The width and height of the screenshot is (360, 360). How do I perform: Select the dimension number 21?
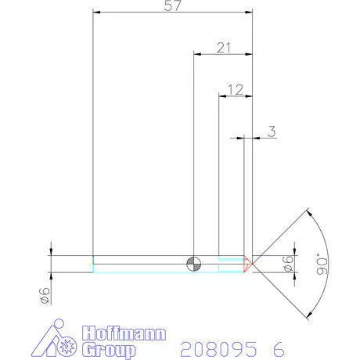click(224, 48)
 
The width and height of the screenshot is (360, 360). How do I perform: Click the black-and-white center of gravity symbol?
click(193, 263)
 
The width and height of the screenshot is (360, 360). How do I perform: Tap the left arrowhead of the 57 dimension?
click(96, 13)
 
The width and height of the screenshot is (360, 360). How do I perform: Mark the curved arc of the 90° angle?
click(335, 263)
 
